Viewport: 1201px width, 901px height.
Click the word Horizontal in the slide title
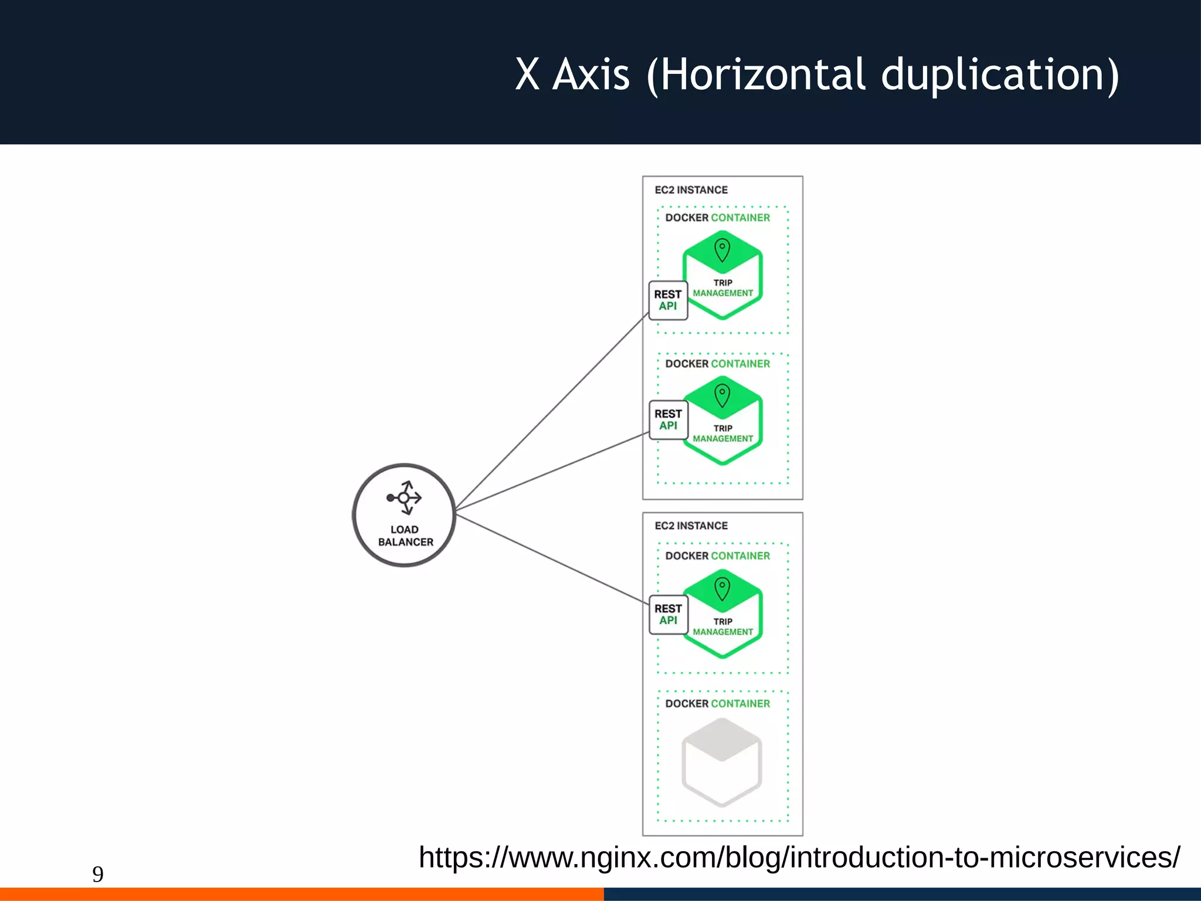tap(762, 75)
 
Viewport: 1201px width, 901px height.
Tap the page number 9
tap(98, 874)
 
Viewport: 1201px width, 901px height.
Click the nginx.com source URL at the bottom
tap(799, 858)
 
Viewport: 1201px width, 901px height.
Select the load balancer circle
tap(404, 515)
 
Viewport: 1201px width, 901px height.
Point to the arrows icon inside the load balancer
tap(404, 498)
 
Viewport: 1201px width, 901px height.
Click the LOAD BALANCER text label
tap(405, 536)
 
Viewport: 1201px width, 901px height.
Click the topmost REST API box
tap(668, 300)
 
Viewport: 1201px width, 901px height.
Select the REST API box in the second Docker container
tap(668, 419)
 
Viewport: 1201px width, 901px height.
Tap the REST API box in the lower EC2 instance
tap(668, 614)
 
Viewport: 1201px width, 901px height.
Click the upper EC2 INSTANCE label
tap(691, 190)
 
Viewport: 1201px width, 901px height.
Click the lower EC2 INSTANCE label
tap(691, 526)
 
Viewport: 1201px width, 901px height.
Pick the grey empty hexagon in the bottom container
tap(722, 763)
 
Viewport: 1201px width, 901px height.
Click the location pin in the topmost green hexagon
tap(722, 249)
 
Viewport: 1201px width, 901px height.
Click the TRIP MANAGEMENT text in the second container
tap(722, 433)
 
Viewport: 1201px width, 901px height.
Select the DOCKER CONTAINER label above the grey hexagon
tap(717, 703)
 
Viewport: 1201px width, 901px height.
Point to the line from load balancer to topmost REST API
tap(551, 413)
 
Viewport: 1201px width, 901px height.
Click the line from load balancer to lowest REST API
tap(551, 559)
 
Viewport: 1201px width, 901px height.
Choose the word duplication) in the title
tap(1000, 75)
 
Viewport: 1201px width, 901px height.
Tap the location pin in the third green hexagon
tap(722, 588)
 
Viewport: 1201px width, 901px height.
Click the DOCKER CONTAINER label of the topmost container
tap(717, 218)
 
